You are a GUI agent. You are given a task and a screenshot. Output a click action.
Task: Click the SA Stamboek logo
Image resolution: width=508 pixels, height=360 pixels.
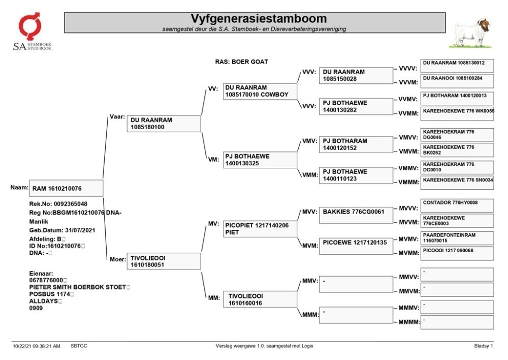tap(32, 31)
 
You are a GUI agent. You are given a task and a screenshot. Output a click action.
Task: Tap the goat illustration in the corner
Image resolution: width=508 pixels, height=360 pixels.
tap(471, 33)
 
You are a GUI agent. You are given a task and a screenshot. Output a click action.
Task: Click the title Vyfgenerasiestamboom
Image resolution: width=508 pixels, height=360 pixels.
tap(259, 18)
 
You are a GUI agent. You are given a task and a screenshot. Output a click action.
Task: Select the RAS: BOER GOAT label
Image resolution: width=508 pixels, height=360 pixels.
tap(241, 62)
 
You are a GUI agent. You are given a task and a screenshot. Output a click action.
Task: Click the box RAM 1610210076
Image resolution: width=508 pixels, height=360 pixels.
tap(66, 188)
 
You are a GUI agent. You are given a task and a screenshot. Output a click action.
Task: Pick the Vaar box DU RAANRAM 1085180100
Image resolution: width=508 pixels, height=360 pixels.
tap(164, 124)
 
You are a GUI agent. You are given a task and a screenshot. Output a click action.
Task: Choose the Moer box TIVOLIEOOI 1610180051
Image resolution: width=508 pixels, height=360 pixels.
tap(164, 261)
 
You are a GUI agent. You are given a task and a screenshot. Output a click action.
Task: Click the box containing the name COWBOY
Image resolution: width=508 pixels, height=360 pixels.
tap(260, 92)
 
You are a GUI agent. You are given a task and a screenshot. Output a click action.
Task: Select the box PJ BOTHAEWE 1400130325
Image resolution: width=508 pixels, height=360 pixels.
tap(260, 160)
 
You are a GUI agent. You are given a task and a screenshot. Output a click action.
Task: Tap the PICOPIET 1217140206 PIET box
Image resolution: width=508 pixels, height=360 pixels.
tap(260, 229)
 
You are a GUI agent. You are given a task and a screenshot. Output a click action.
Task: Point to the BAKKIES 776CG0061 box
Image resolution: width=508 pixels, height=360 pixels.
tap(356, 216)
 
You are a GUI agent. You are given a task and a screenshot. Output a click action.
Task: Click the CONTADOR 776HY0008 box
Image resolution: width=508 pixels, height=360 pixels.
tap(457, 205)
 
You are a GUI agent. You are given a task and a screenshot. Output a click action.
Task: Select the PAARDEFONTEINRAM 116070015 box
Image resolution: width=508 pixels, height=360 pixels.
tap(457, 238)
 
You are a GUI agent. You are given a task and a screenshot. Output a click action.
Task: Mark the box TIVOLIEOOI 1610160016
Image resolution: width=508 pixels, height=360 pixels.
tap(260, 299)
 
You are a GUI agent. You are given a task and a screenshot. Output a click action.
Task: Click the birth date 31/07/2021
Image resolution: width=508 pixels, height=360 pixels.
tap(80, 230)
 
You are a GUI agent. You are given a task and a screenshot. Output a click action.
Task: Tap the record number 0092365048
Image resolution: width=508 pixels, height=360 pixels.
tap(70, 204)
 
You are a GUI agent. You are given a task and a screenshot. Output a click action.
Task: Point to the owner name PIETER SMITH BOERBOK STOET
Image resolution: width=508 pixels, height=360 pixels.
tap(77, 287)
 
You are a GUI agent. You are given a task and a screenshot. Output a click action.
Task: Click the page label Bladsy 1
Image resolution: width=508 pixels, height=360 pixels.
tap(484, 346)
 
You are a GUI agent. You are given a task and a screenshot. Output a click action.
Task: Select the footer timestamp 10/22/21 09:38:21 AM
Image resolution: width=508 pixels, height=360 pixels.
tap(36, 346)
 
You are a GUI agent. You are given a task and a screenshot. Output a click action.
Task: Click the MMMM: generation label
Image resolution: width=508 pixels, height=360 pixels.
tap(409, 322)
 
